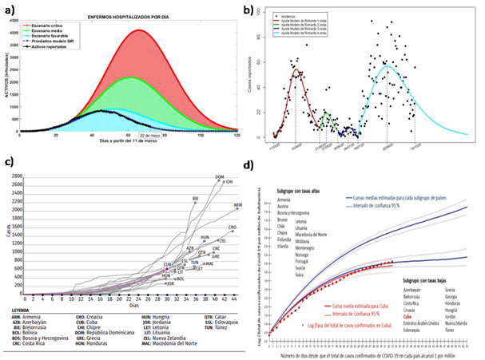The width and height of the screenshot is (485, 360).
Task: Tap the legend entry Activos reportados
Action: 59,49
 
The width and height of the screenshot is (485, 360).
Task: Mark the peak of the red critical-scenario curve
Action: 140,30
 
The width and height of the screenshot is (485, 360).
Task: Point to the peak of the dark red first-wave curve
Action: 297,70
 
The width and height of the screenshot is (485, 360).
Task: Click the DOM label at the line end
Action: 219,176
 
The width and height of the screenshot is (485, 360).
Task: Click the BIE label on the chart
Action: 196,198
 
